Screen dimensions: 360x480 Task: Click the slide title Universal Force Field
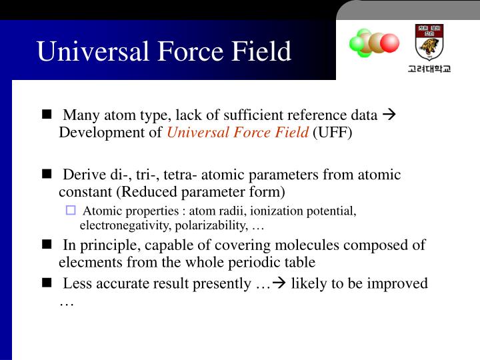164,51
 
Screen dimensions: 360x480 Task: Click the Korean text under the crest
429,69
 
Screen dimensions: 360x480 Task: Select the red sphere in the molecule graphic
389,43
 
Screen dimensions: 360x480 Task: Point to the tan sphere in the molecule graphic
377,42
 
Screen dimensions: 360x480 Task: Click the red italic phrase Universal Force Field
238,132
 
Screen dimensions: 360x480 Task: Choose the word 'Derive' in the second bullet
84,175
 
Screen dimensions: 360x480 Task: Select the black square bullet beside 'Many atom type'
46,114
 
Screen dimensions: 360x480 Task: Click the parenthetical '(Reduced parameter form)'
201,192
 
